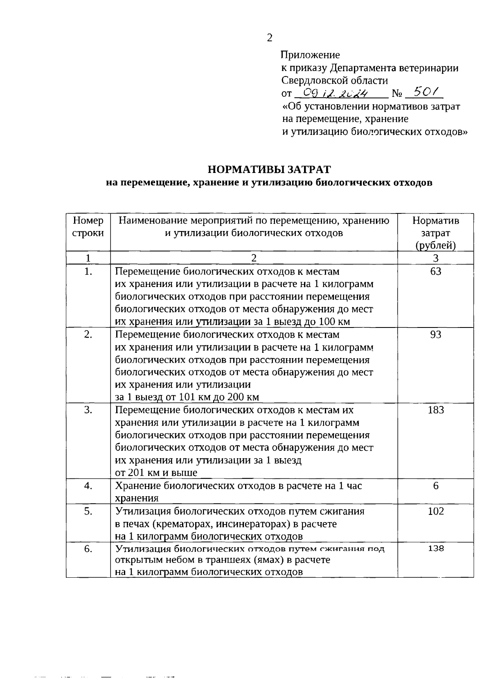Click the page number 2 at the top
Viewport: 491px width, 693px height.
pos(269,38)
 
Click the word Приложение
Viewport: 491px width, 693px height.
pos(311,54)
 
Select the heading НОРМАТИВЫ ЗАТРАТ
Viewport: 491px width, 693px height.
pos(269,169)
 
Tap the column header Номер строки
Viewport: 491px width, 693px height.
pos(88,227)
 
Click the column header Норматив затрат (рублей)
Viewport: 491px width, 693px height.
pos(435,233)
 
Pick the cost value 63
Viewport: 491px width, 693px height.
pos(435,271)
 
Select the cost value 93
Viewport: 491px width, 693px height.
pos(435,335)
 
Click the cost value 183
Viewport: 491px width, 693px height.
pos(435,410)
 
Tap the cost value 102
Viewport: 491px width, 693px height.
pos(435,511)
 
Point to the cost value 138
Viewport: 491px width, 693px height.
pos(435,549)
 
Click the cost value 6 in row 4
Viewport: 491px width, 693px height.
pos(435,486)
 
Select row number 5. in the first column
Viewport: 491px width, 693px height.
pos(88,511)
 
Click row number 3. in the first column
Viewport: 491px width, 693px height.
pos(88,410)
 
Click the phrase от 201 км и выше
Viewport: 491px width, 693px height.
pos(156,473)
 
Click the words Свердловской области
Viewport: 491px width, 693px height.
pos(335,80)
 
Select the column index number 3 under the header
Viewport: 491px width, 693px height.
pos(435,258)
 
